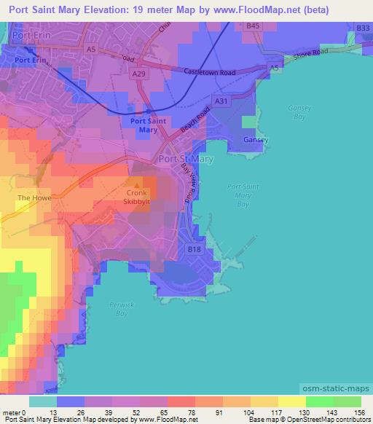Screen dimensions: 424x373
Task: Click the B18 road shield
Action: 195,248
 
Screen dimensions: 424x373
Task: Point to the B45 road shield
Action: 254,25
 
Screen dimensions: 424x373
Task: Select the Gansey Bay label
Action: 299,111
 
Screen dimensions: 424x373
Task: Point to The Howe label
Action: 32,197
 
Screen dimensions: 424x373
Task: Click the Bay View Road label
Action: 188,182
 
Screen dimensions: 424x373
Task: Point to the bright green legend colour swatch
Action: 320,401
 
